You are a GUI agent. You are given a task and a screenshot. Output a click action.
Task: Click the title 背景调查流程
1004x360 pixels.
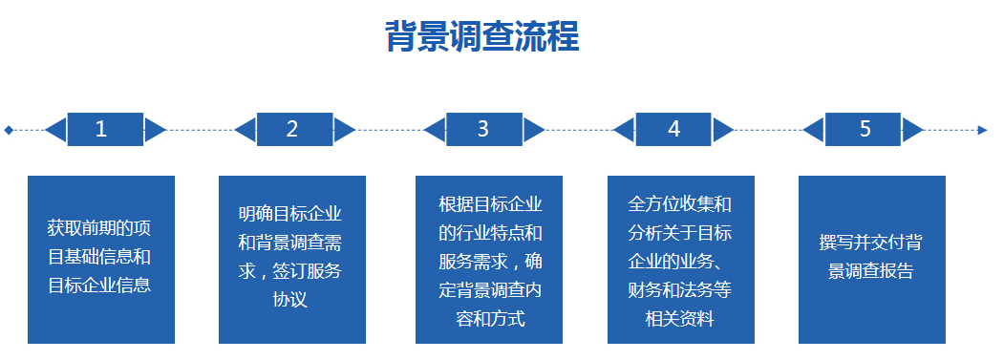481,38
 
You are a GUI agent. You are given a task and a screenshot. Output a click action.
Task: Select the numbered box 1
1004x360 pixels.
104,129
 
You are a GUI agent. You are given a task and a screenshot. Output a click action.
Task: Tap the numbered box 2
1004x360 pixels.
293,129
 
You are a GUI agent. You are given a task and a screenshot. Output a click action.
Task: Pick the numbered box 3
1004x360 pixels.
483,129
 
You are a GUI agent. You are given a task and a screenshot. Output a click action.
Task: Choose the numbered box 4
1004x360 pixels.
673,129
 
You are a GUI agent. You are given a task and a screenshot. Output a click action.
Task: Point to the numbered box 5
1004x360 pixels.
864,129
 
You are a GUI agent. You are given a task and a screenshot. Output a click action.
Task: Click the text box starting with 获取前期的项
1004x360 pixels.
100,259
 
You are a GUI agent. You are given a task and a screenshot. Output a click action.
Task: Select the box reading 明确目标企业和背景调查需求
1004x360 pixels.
291,259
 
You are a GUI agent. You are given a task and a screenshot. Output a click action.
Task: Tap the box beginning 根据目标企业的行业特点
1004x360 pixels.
489,259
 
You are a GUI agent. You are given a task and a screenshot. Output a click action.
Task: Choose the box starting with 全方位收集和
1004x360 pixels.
680,259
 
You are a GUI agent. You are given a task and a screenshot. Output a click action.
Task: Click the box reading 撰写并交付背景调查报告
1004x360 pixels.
871,259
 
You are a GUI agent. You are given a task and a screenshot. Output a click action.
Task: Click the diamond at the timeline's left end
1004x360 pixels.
9,130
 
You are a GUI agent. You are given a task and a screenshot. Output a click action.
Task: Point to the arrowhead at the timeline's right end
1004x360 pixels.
982,130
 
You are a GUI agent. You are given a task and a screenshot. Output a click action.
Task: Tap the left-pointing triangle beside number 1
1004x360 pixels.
56,129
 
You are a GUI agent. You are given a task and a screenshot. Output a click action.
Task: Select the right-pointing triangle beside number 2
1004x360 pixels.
344,129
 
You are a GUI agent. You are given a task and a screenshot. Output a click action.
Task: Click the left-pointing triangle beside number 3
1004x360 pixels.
435,129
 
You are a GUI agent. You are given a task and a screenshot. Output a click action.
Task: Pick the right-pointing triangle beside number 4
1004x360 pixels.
723,129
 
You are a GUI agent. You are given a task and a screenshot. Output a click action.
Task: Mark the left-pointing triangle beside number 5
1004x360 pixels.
814,129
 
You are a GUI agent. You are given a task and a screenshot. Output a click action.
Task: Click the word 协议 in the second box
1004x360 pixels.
291,300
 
